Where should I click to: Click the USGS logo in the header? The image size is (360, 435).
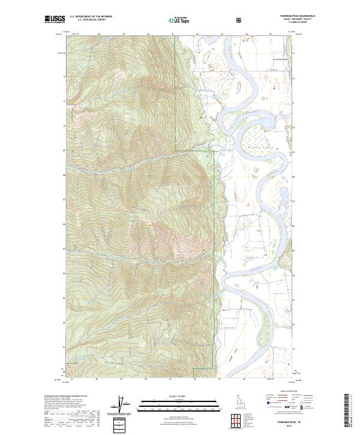[x=55, y=19]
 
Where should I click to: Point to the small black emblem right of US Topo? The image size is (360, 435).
[x=241, y=20]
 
